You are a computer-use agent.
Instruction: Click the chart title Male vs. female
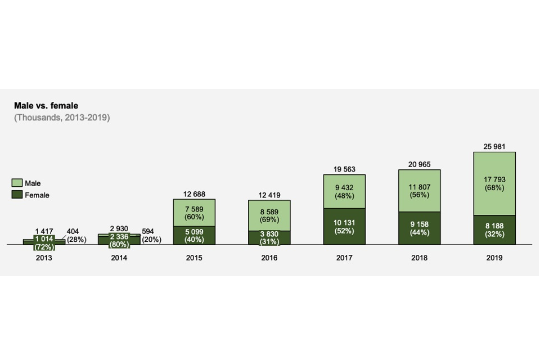coord(46,106)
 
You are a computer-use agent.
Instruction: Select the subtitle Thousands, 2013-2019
coord(62,118)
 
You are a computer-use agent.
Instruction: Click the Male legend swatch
coord(17,183)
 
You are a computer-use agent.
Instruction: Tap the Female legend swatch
coord(17,195)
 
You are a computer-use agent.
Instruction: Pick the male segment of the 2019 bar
coord(494,183)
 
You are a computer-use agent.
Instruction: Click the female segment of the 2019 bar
coord(494,230)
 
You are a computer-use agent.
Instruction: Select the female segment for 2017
coord(344,226)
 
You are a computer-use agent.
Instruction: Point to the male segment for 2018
coord(420,191)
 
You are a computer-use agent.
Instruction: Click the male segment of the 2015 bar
coord(194,213)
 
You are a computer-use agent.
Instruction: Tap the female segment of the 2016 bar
coord(269,237)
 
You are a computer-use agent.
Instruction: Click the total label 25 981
coord(494,147)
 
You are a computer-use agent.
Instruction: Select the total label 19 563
coord(344,169)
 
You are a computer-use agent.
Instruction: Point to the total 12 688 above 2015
coord(194,195)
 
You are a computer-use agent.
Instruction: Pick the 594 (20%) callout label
coord(151,235)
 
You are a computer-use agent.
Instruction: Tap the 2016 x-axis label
coord(269,258)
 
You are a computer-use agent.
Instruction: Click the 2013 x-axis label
coord(44,258)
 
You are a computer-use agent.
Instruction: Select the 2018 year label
coord(420,258)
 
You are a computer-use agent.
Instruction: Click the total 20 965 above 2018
coord(420,164)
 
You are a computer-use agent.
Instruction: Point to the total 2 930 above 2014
coord(119,228)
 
